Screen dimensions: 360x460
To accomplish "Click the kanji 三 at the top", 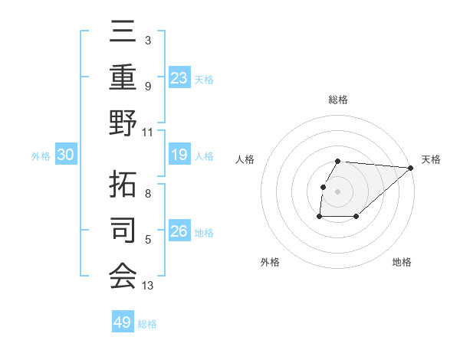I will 123,32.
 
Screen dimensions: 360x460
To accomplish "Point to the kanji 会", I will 123,275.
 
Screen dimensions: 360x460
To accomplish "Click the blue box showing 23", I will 179,77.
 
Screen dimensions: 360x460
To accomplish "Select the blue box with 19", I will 179,155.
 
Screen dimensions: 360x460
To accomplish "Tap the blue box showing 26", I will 179,231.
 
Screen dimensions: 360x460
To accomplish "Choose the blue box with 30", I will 65,155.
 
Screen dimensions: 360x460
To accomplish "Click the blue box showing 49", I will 122,322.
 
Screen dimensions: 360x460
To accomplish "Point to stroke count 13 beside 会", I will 148,286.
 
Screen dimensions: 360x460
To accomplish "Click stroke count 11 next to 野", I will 148,131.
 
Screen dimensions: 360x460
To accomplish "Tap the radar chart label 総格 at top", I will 338,100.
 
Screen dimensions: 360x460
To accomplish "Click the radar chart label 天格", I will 431,159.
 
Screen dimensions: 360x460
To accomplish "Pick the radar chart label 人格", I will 245,159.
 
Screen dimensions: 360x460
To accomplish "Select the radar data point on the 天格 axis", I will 411,168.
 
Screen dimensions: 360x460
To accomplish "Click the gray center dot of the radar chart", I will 338,191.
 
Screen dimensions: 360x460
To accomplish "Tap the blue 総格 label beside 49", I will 147,323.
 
